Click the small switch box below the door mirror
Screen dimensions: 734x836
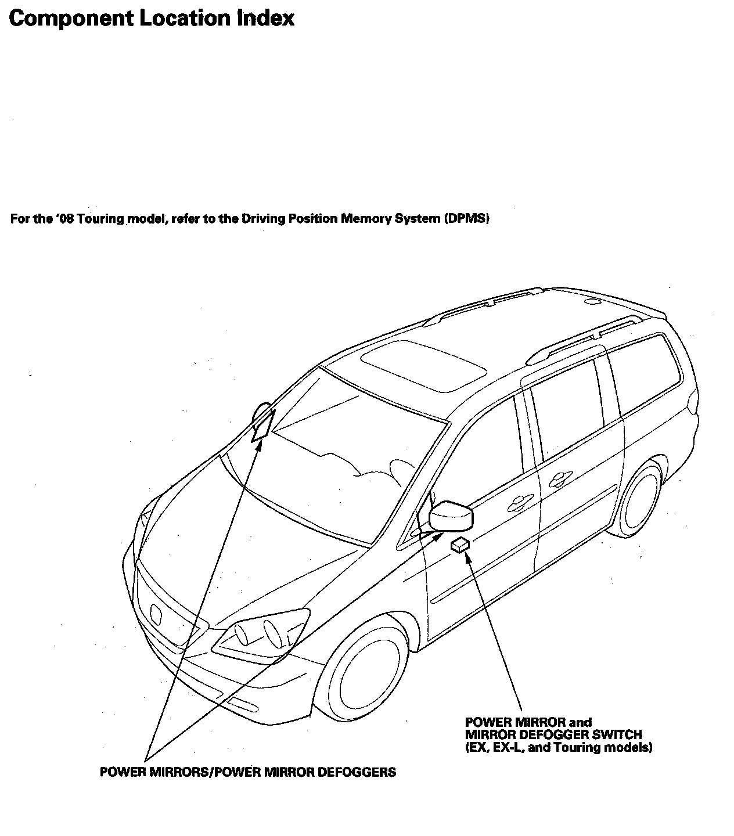[x=460, y=545]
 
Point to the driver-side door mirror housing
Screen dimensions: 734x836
[x=451, y=515]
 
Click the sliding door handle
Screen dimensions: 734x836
[x=557, y=478]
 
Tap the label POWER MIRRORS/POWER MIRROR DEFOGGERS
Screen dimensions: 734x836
[x=248, y=772]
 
